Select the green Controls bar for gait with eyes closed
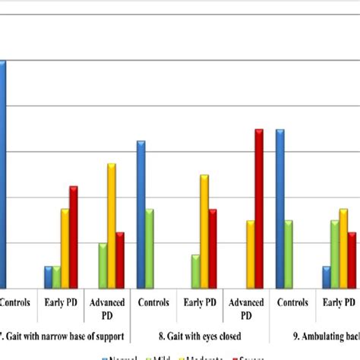pyautogui.click(x=150, y=248)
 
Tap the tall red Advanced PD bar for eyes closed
pyautogui.click(x=259, y=209)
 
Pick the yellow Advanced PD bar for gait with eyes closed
pyautogui.click(x=250, y=254)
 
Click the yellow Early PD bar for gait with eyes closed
pyautogui.click(x=204, y=232)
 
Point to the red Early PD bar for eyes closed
pyautogui.click(x=213, y=248)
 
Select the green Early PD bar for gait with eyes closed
pyautogui.click(x=195, y=271)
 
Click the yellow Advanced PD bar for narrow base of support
pyautogui.click(x=111, y=226)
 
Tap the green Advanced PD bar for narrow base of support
pyautogui.click(x=103, y=266)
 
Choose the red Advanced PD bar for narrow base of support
pyautogui.click(x=120, y=260)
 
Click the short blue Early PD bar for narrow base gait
pyautogui.click(x=48, y=277)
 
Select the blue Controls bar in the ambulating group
pyautogui.click(x=280, y=209)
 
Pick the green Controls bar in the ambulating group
pyautogui.click(x=289, y=254)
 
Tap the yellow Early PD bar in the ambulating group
pyautogui.click(x=343, y=248)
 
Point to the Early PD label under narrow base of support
pyautogui.click(x=62, y=302)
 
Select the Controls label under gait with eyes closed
pyautogui.click(x=153, y=302)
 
